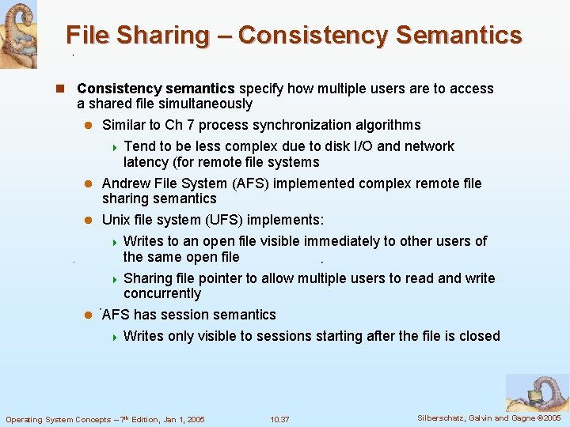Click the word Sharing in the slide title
tap(168, 36)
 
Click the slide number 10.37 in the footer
tap(279, 419)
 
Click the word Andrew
tap(124, 183)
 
